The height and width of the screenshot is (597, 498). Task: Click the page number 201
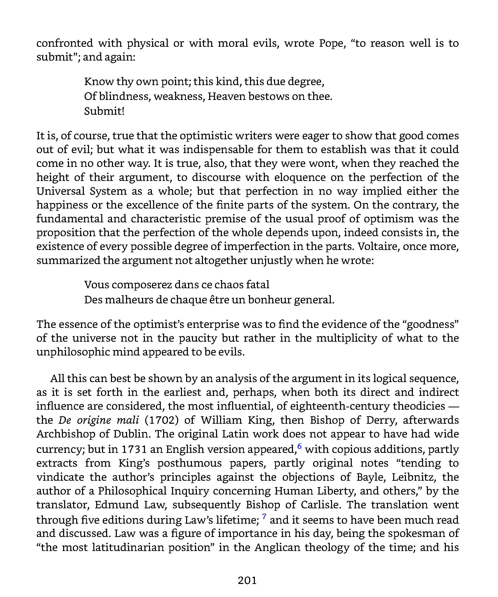tap(247, 580)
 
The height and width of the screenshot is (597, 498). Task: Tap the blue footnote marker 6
tap(299, 446)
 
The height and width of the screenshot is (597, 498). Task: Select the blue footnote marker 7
tap(264, 516)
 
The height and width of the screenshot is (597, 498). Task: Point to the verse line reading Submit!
tap(104, 111)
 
